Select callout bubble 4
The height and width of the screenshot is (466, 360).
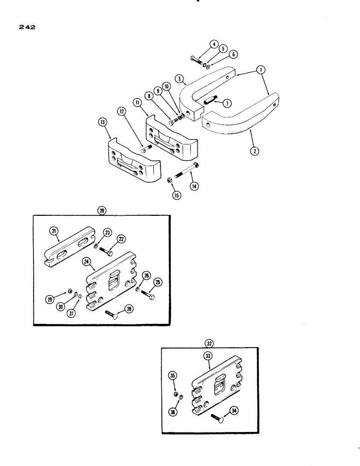[x=214, y=45]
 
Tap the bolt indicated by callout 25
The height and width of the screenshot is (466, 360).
[x=150, y=295]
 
